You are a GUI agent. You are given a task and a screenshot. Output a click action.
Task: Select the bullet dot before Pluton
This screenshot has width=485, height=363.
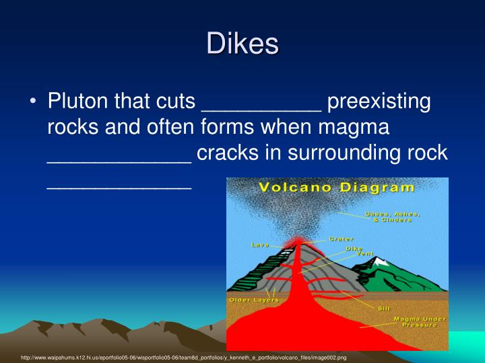(33, 104)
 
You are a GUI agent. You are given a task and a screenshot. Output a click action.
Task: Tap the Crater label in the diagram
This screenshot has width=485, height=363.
(341, 239)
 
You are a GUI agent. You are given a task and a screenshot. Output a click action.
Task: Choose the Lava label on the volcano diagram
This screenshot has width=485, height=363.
(260, 245)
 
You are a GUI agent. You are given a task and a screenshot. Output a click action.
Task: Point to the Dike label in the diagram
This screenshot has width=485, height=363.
(354, 248)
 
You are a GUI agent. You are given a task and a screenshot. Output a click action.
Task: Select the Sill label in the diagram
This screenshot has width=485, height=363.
(384, 309)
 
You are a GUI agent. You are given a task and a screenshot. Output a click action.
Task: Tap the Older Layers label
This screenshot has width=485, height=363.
(253, 299)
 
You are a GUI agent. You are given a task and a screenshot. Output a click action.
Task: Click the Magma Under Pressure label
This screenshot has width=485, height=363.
(415, 321)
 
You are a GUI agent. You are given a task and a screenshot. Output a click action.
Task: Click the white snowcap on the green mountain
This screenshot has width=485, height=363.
(382, 261)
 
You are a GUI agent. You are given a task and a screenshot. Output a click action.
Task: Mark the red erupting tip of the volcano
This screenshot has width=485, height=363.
(294, 240)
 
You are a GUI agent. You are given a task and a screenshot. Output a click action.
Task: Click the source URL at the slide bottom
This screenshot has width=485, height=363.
(183, 358)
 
